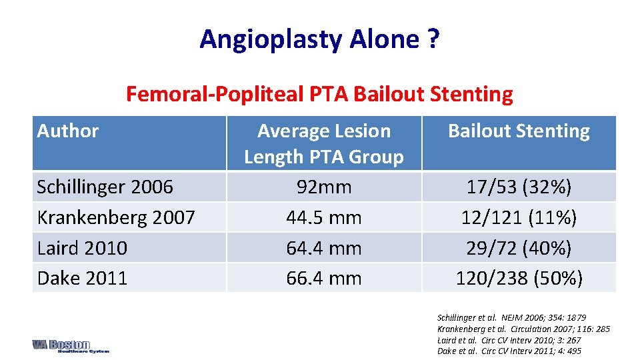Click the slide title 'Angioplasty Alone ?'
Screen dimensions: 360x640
pos(319,39)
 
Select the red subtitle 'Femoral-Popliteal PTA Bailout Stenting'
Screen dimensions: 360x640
pos(319,94)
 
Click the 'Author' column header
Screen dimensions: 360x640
pos(68,131)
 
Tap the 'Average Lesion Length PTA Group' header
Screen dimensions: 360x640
pos(324,143)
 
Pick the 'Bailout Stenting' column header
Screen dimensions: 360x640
pos(519,131)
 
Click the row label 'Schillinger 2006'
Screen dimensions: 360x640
pos(105,187)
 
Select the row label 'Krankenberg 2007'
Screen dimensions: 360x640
pos(116,217)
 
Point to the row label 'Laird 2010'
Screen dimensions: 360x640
pos(82,248)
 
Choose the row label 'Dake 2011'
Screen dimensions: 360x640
pos(82,278)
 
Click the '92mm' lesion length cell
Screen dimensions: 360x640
pos(324,187)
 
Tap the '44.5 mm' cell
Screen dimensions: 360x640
pos(324,217)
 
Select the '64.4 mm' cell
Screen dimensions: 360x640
pos(324,248)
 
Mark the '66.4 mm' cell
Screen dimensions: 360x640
pos(324,278)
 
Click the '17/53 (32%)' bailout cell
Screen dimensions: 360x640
pos(519,187)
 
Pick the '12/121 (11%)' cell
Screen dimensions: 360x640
pos(519,217)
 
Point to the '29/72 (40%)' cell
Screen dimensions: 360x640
pos(519,248)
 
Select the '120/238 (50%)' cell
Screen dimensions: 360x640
pos(519,278)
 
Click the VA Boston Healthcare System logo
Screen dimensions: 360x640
pos(70,346)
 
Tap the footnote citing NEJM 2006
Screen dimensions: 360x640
pos(511,317)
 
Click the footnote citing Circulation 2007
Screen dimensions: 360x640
pos(523,329)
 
